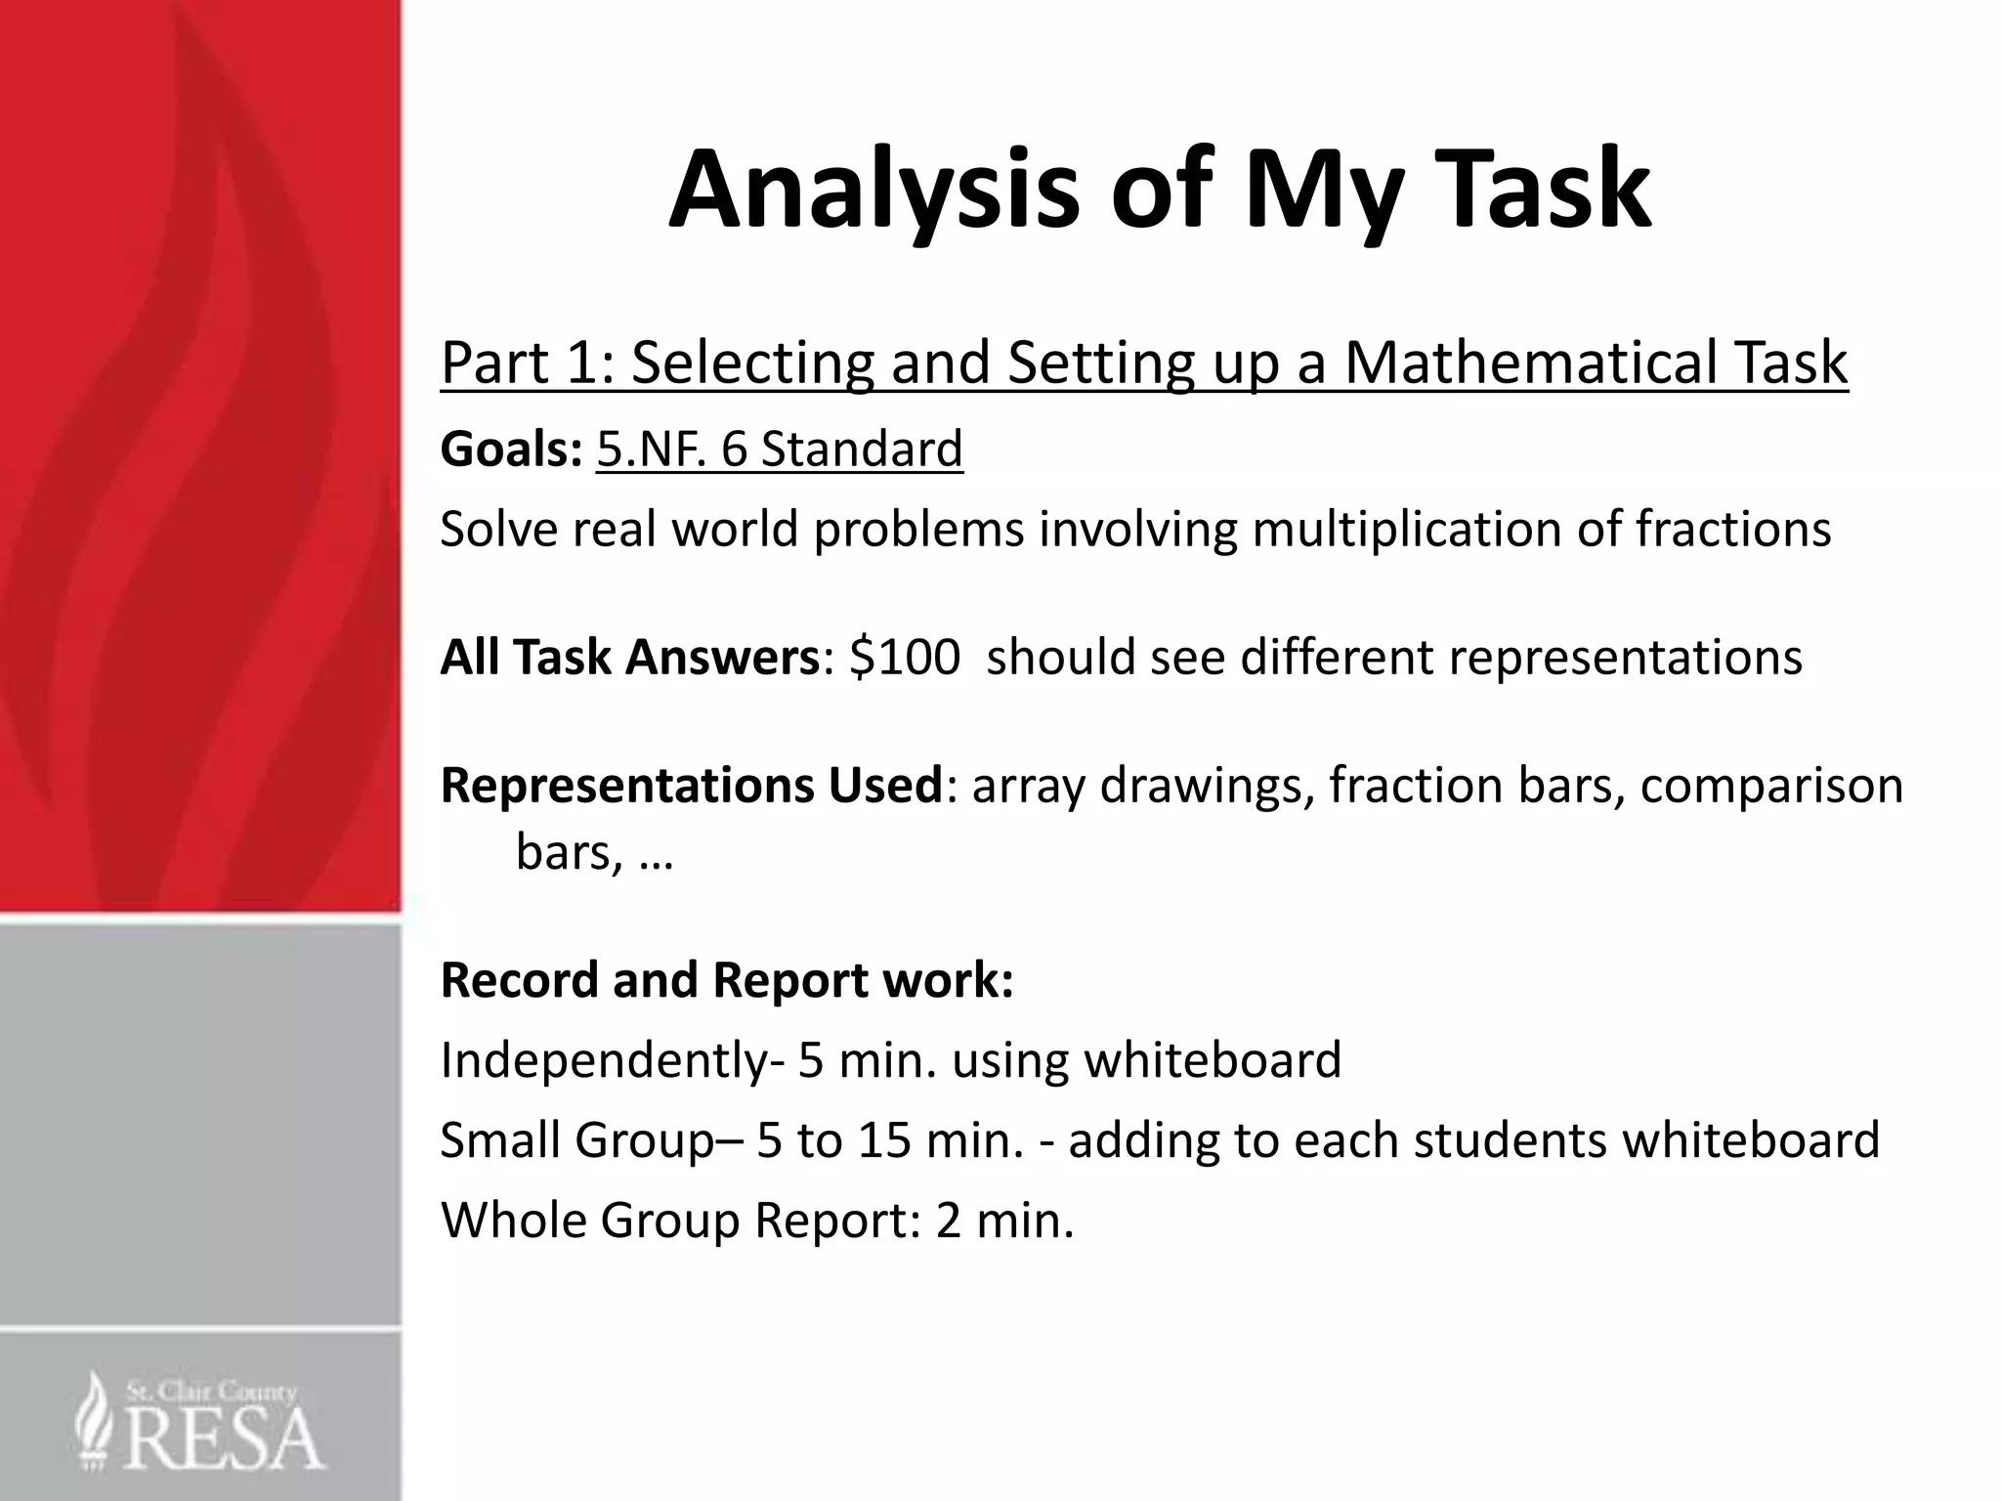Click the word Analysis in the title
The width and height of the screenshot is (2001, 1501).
point(873,191)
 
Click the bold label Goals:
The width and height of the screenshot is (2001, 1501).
point(511,450)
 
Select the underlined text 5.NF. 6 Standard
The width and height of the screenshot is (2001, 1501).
point(779,450)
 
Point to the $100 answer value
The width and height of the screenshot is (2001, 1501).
point(904,657)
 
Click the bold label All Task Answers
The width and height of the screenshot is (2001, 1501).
point(629,657)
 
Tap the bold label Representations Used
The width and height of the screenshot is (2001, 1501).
point(691,786)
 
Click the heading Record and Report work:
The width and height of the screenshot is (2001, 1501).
point(727,980)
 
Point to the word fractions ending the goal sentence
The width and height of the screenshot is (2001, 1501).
point(1732,529)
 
